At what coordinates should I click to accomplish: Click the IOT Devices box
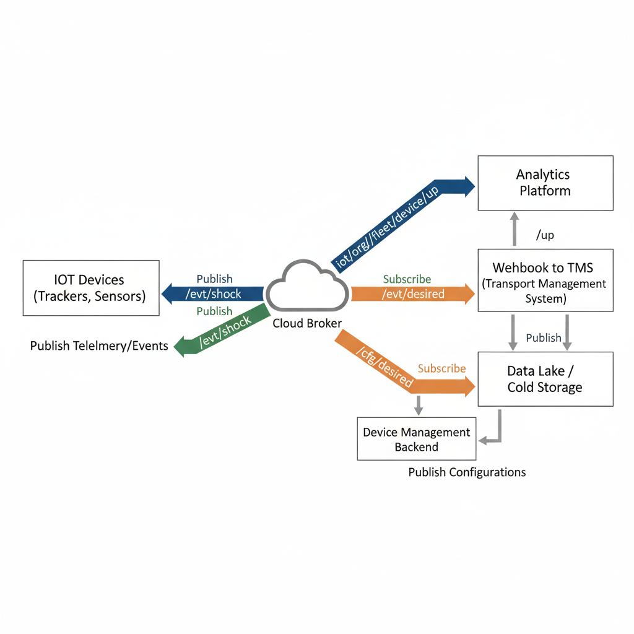[x=90, y=288]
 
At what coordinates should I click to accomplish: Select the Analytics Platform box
[x=545, y=183]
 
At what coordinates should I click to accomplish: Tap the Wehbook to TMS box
[x=545, y=280]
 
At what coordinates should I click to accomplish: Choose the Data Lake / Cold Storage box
[x=545, y=379]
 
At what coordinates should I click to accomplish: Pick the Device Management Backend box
[x=416, y=439]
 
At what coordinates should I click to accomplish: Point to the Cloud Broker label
[x=307, y=323]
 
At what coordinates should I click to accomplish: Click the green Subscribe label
[x=407, y=279]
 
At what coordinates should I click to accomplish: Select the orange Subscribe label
[x=441, y=368]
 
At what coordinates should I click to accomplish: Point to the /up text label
[x=544, y=235]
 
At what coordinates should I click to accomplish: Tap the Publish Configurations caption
[x=467, y=472]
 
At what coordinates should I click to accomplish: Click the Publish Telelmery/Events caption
[x=99, y=345]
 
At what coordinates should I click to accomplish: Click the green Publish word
[x=214, y=311]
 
